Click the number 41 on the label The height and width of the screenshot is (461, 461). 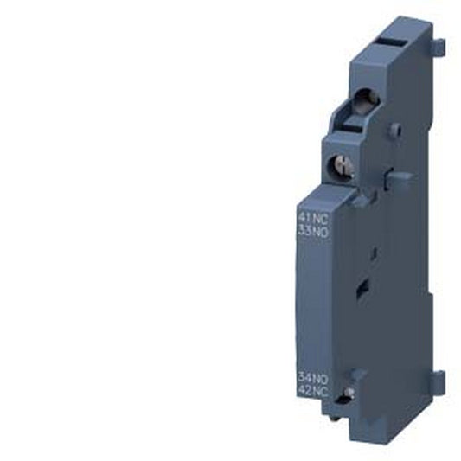[x=304, y=219]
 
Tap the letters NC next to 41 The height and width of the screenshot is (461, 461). [x=320, y=219]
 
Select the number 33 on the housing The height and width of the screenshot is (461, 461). [x=304, y=231]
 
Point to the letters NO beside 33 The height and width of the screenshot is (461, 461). [x=320, y=231]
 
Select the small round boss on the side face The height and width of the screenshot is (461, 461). [x=395, y=130]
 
